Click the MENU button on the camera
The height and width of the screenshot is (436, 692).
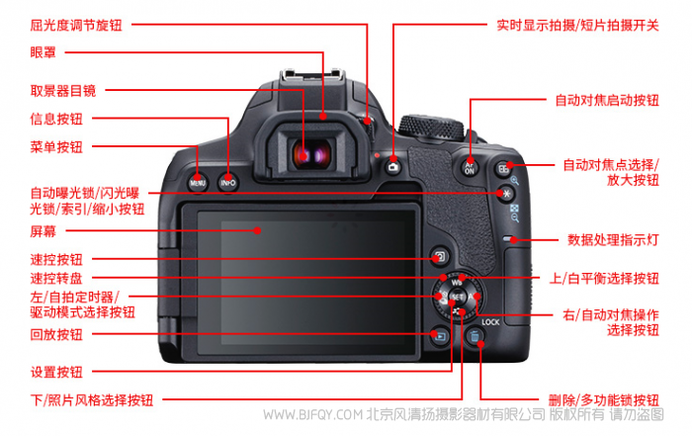tap(198, 182)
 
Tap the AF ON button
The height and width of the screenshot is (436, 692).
tap(470, 168)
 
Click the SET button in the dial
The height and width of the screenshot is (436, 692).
tap(457, 298)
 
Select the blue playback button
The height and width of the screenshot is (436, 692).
tap(440, 337)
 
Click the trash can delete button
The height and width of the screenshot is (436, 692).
tap(475, 337)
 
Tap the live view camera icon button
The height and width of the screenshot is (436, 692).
tap(393, 167)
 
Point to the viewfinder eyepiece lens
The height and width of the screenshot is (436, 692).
tap(311, 153)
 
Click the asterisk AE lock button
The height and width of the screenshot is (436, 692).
tap(506, 194)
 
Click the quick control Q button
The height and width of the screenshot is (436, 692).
tap(440, 256)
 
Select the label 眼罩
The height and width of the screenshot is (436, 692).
tap(43, 52)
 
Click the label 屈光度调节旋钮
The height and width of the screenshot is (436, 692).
tap(76, 25)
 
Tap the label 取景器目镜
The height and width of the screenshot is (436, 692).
tap(62, 91)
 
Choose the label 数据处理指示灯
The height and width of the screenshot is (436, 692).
tap(613, 240)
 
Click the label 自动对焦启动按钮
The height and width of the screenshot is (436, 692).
tap(607, 100)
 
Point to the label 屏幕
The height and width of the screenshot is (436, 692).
tap(43, 230)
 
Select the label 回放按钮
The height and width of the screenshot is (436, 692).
tap(56, 334)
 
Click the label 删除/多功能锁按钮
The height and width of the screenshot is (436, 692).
tap(604, 400)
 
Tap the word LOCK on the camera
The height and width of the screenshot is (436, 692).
tap(490, 322)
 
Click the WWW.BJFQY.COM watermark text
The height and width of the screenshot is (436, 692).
tap(312, 414)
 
